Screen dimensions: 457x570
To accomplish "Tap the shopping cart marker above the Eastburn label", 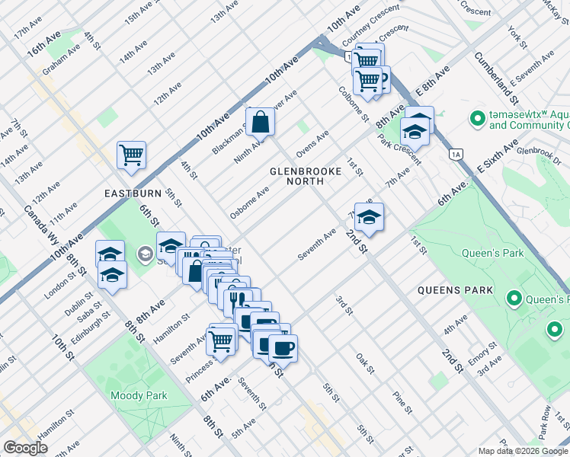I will (131, 155).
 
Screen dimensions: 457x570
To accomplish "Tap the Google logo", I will (26, 448).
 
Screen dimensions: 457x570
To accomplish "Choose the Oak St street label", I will (365, 363).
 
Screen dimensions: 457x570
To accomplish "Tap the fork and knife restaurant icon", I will (238, 299).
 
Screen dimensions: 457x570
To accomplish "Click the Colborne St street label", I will (354, 106).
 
